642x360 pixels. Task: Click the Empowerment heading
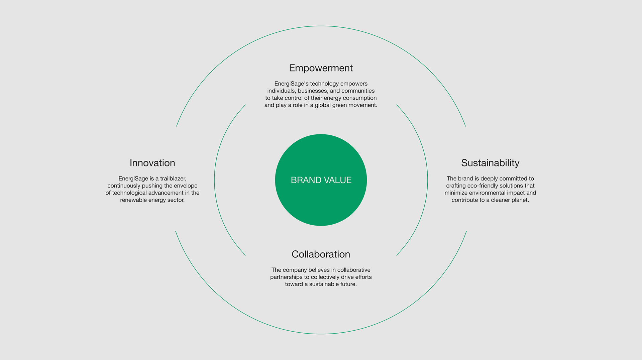(x=321, y=68)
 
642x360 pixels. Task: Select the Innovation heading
(x=152, y=163)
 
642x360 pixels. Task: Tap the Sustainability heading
(x=490, y=163)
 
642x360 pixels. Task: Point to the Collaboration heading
(x=321, y=254)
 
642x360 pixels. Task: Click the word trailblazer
(x=173, y=179)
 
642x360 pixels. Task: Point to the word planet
(x=520, y=200)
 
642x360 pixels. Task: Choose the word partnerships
(x=290, y=277)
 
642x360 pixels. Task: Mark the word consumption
(x=360, y=98)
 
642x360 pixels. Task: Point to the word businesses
(x=313, y=91)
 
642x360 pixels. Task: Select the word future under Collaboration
(x=348, y=284)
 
